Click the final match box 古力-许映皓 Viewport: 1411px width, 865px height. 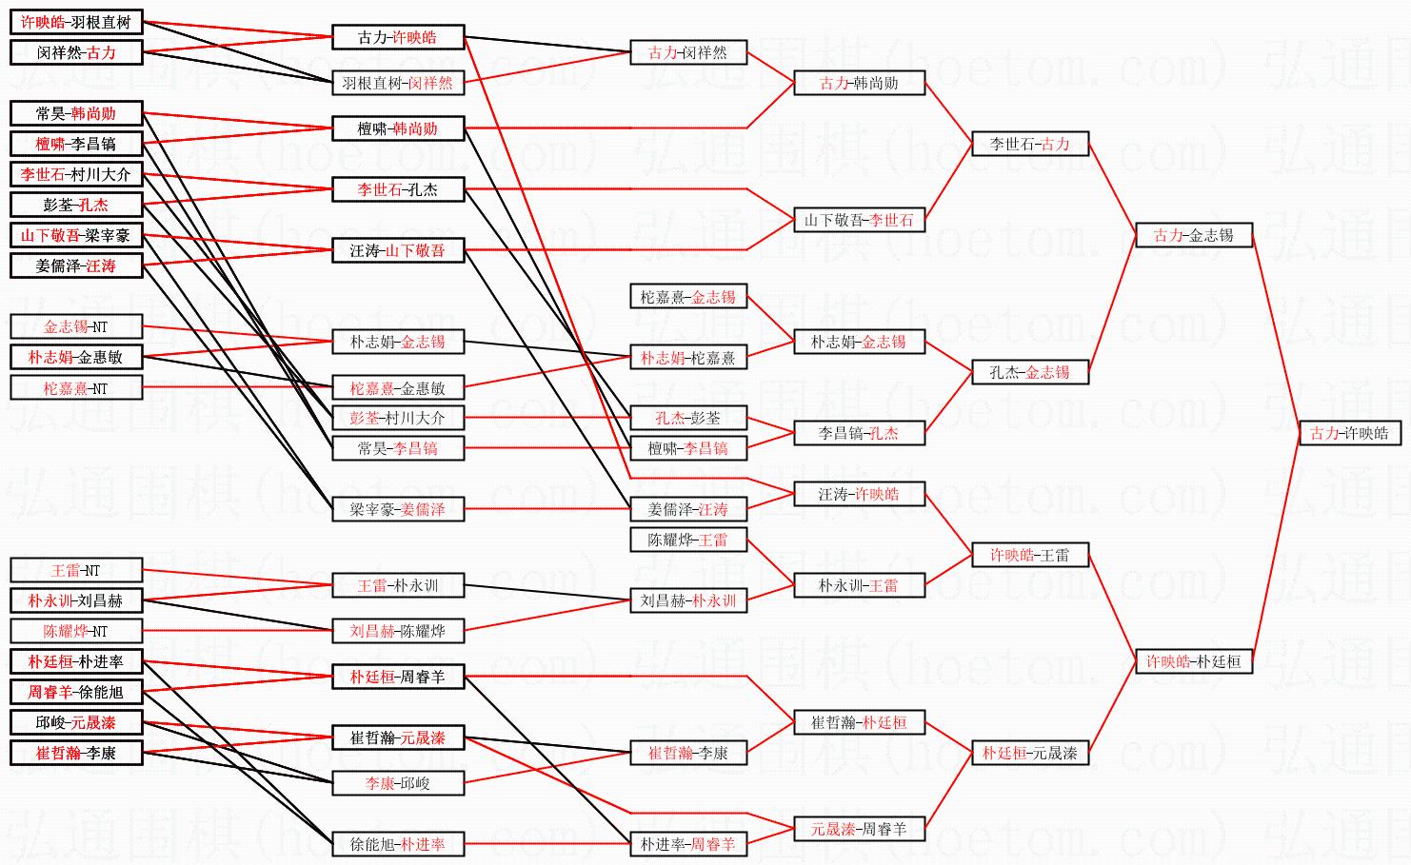[1349, 433]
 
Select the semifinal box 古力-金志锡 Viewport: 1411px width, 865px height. [1193, 235]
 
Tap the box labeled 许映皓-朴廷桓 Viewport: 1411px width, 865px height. [1193, 661]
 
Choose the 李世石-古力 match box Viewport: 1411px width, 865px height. [1029, 144]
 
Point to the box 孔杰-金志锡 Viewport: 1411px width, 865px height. [1029, 372]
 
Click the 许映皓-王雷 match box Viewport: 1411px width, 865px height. [1029, 555]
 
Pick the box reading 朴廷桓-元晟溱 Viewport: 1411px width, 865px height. [1029, 753]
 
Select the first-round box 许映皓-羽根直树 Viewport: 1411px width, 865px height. [76, 22]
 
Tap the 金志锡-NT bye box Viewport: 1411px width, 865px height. [76, 326]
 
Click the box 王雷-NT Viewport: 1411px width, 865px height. [76, 570]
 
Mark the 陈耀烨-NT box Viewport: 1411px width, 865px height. [76, 631]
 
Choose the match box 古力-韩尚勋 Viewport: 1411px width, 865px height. [859, 83]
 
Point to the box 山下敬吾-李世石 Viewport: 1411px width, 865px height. [859, 220]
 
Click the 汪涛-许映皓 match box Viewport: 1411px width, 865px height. [859, 494]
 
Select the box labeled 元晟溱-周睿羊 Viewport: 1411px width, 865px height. [859, 829]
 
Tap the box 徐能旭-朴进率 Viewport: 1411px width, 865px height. [398, 844]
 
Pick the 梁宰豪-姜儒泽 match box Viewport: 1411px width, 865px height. [398, 509]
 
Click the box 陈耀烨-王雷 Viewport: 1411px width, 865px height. [687, 540]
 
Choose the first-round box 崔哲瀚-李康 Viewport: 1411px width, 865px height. [76, 753]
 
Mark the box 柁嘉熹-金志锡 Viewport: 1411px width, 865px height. [687, 297]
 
